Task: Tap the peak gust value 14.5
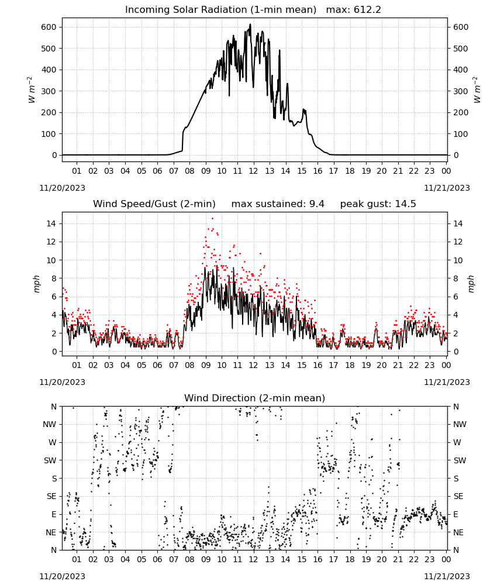click(403, 204)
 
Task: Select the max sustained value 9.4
click(316, 204)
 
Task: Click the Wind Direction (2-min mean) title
click(255, 398)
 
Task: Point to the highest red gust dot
click(212, 218)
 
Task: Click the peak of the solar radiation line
click(251, 24)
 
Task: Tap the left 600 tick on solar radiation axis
click(49, 27)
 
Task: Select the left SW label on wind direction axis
click(50, 460)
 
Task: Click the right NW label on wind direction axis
click(460, 425)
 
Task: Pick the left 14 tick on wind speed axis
click(51, 223)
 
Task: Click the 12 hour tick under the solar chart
click(254, 171)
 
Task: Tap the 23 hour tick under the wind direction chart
click(430, 559)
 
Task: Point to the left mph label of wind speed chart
click(36, 284)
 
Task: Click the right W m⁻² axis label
click(477, 90)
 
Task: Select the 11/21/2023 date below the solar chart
click(447, 188)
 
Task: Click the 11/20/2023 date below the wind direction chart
click(62, 576)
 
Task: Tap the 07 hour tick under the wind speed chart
click(174, 365)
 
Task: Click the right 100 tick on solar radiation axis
click(461, 133)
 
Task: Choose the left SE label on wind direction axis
click(51, 496)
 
